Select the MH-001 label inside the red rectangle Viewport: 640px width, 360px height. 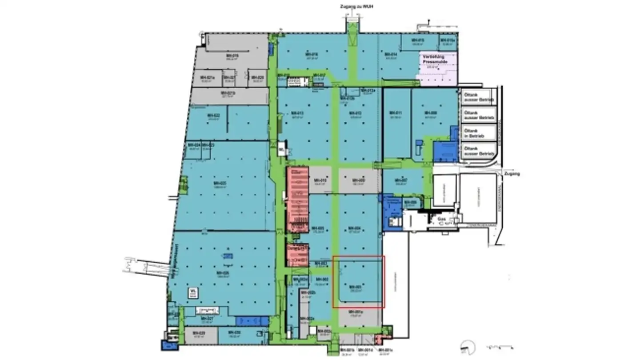(x=354, y=287)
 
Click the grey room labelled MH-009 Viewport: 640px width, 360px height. (x=358, y=180)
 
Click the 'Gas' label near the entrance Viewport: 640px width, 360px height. (x=442, y=219)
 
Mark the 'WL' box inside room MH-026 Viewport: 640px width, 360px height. (x=193, y=292)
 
